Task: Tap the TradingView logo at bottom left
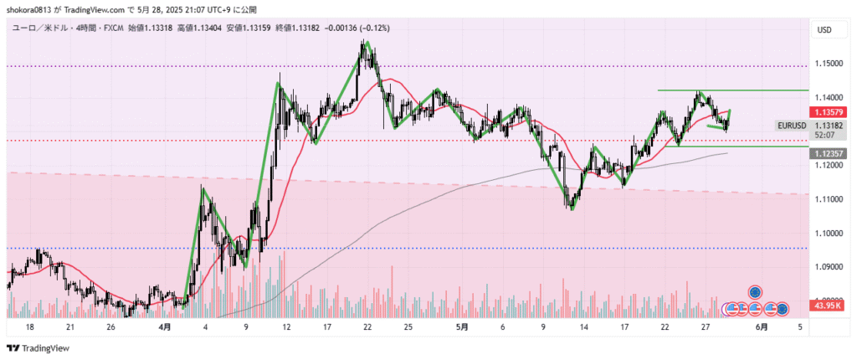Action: point(38,347)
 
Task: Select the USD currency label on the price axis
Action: point(824,30)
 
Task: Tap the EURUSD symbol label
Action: point(792,126)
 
